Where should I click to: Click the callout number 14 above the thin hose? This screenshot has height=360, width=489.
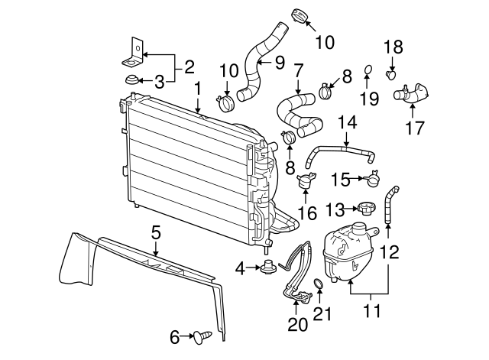(x=347, y=121)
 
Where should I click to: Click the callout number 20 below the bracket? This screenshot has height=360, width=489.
(x=298, y=324)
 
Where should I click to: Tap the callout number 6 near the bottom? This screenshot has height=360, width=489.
(x=175, y=335)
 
